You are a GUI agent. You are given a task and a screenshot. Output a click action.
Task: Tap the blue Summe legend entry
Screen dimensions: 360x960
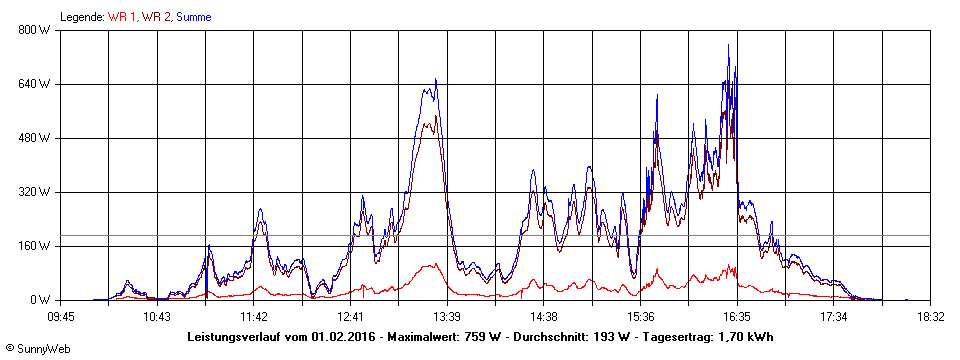point(194,17)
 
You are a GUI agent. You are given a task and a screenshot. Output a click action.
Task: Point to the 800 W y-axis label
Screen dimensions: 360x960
point(35,30)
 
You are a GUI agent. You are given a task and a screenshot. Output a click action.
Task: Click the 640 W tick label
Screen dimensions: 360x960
point(35,84)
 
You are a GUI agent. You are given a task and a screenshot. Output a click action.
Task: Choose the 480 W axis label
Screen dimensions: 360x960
point(35,138)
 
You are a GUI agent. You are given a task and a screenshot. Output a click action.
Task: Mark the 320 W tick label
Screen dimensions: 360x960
point(35,192)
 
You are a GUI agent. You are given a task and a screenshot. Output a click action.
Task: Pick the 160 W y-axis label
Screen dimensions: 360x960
point(35,246)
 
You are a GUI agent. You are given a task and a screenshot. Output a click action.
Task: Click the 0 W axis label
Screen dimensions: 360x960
point(41,300)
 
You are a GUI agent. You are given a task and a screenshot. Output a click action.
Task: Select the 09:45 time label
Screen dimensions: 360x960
point(61,316)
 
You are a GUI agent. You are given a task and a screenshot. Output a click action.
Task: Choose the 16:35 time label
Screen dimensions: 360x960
point(737,316)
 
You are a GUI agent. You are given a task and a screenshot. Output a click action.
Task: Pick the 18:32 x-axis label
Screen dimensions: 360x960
point(930,316)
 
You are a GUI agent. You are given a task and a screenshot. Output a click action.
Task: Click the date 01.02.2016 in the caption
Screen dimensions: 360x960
point(344,337)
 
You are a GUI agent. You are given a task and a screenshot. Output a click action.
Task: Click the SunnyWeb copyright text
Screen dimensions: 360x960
point(35,351)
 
